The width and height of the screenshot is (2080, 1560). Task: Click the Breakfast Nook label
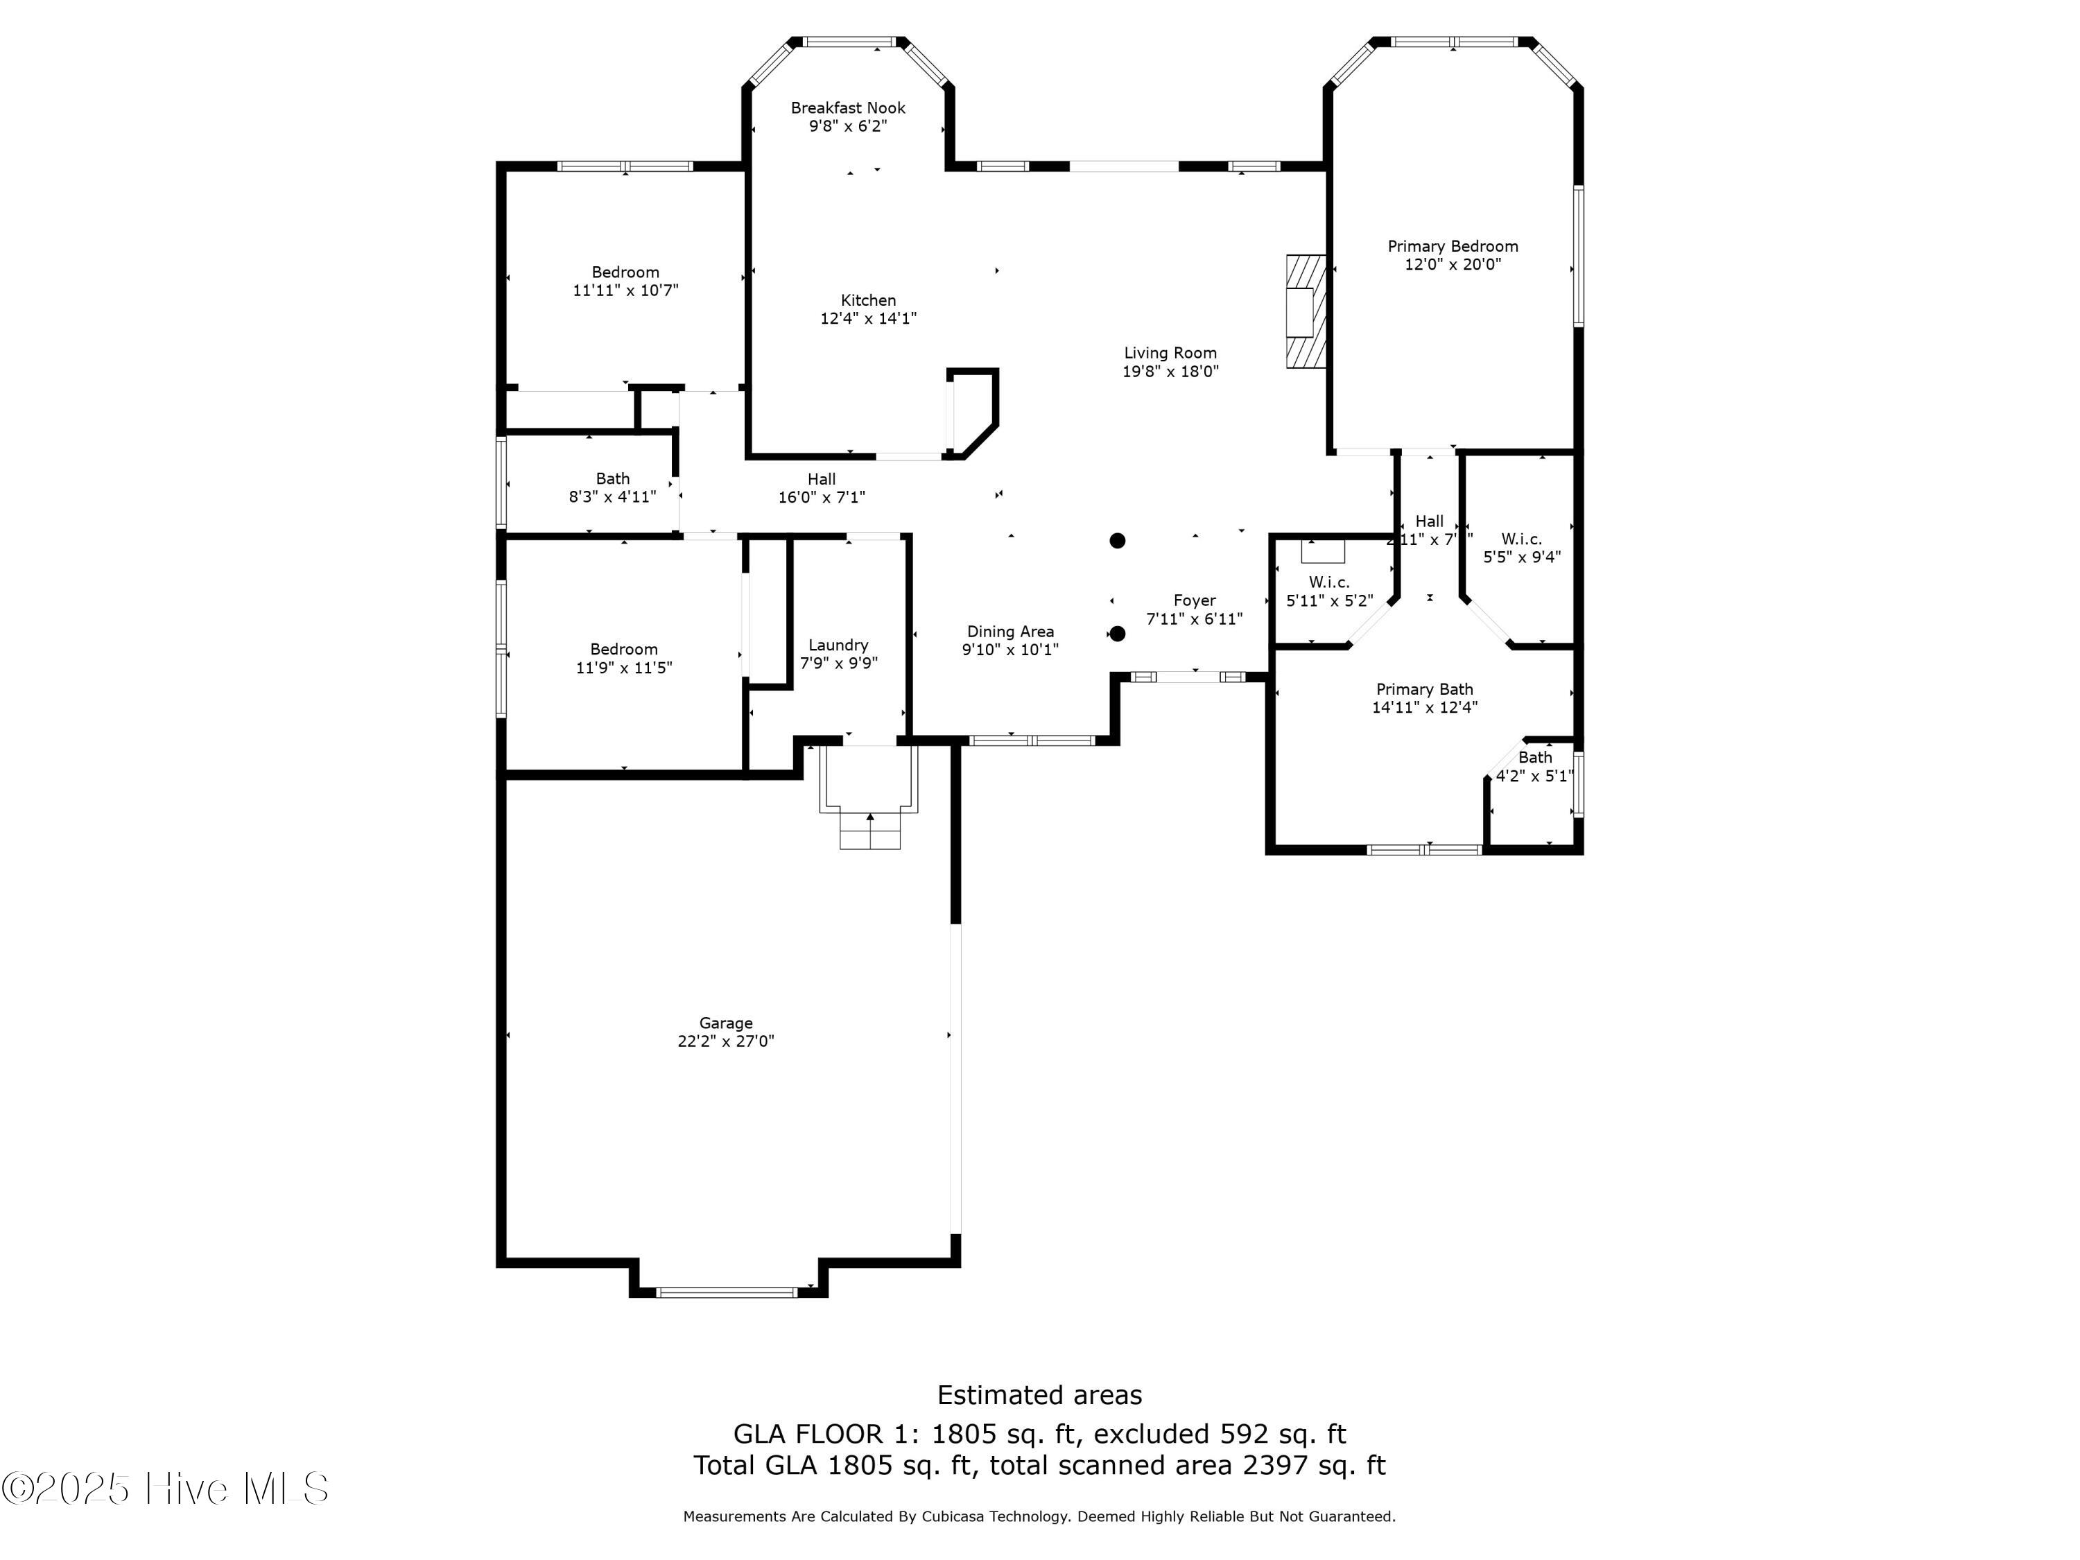pos(847,108)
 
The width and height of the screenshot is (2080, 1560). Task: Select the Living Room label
pos(1170,354)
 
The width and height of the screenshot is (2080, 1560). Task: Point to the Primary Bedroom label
pos(1452,246)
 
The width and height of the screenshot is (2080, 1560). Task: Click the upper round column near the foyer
pos(1117,541)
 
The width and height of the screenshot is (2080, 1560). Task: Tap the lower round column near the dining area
pos(1117,634)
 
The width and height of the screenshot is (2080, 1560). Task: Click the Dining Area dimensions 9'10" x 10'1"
pos(1010,650)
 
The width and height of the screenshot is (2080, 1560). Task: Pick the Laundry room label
pos(838,645)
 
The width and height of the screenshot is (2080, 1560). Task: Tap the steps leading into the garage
pos(870,831)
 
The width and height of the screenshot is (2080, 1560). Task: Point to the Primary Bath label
pos(1423,689)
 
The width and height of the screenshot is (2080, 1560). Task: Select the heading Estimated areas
pos(1039,1394)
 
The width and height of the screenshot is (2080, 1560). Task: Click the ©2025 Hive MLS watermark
pos(166,1489)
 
